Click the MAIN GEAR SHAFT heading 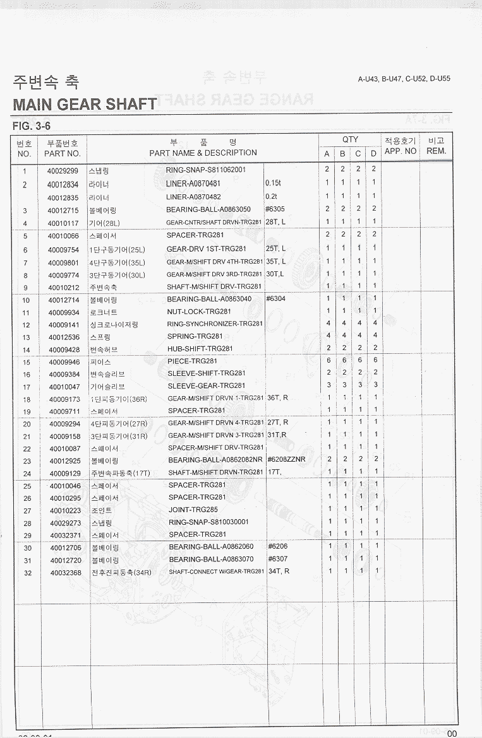coord(85,104)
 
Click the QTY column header coord(350,139)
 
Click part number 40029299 coord(63,170)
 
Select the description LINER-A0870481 coord(193,184)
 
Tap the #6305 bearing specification coord(276,209)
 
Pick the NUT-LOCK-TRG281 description coord(199,312)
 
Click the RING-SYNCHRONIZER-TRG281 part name coord(215,324)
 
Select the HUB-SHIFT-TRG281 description coord(200,349)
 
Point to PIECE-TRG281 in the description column coord(192,361)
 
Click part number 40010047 coord(64,386)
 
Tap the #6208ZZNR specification coord(286,460)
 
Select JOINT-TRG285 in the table coord(193,510)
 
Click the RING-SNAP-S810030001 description coord(208,522)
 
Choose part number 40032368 coord(66,572)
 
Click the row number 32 coord(27,573)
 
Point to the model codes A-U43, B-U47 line coord(404,79)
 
